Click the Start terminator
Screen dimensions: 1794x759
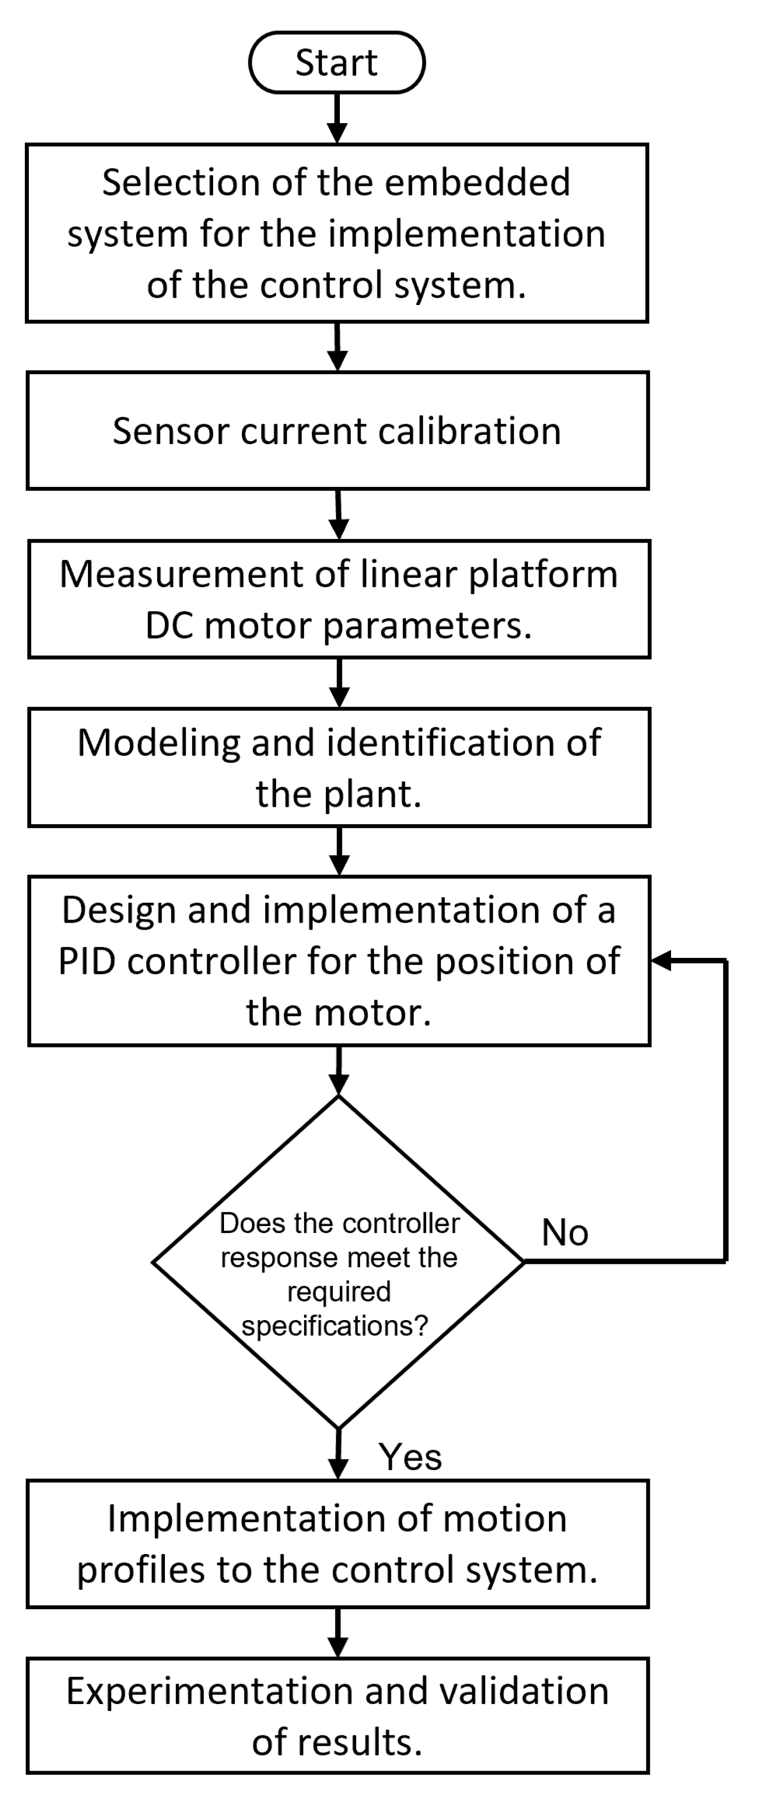click(x=337, y=63)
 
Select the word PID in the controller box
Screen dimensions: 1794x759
click(x=86, y=962)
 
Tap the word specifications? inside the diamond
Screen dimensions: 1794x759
click(x=335, y=1326)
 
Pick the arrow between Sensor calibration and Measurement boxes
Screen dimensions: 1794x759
click(x=338, y=515)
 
